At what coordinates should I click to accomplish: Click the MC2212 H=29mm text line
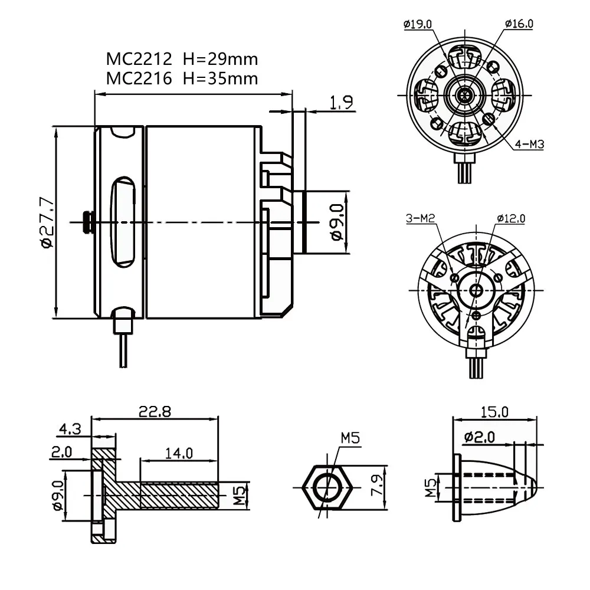point(182,59)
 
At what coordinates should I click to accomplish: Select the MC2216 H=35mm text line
point(182,78)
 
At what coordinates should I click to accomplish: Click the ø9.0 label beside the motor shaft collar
point(336,222)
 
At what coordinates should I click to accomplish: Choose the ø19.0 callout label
point(418,24)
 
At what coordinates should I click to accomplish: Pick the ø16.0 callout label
point(519,24)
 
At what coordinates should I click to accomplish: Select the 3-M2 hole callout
point(420,219)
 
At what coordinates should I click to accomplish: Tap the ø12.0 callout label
point(511,219)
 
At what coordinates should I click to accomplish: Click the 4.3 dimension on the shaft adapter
point(70,428)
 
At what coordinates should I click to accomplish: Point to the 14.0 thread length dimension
point(179,453)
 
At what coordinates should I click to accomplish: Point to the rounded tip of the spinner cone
point(533,488)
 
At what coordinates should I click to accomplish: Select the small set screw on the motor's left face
point(88,222)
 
